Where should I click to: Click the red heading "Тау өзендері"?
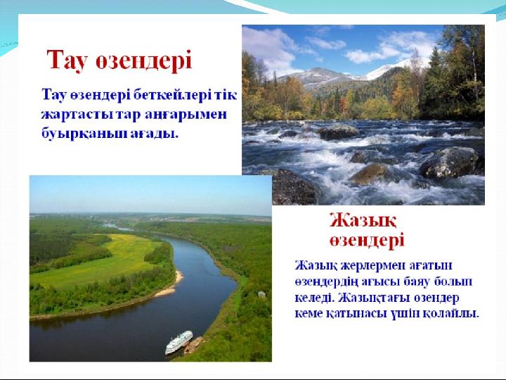(119, 60)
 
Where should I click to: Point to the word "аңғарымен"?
(186, 115)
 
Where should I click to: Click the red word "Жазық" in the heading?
(363, 221)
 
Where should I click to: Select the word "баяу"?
(417, 281)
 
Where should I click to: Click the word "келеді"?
(314, 297)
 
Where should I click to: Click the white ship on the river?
(179, 342)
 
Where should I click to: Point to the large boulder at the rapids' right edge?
(450, 163)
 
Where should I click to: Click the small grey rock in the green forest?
(261, 294)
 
